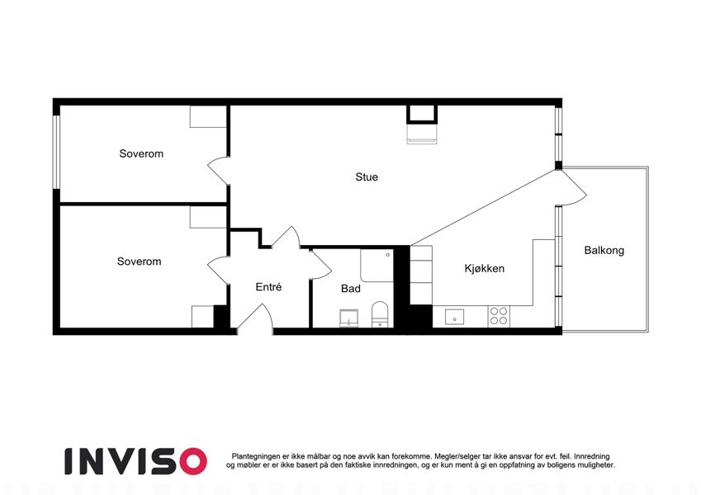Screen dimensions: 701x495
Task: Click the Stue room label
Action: tap(367, 177)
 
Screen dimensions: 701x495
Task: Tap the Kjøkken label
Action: tap(484, 268)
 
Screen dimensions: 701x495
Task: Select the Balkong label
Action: tap(604, 250)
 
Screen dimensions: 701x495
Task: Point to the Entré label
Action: tap(268, 287)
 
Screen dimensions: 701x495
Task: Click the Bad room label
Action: tap(350, 289)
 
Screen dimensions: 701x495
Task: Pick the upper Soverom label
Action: tap(141, 153)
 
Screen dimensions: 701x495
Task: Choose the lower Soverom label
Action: tap(139, 262)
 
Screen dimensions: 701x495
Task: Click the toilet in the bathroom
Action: tap(380, 314)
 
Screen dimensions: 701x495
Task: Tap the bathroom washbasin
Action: tap(348, 318)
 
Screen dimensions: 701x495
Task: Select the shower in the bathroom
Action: tap(377, 266)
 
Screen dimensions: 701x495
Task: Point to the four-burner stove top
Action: tap(499, 316)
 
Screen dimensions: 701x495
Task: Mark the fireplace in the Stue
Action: tap(422, 125)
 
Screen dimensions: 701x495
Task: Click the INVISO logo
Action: tap(135, 461)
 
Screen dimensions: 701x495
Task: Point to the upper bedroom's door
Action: tap(218, 170)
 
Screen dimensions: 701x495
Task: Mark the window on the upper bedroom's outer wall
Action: tap(56, 152)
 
